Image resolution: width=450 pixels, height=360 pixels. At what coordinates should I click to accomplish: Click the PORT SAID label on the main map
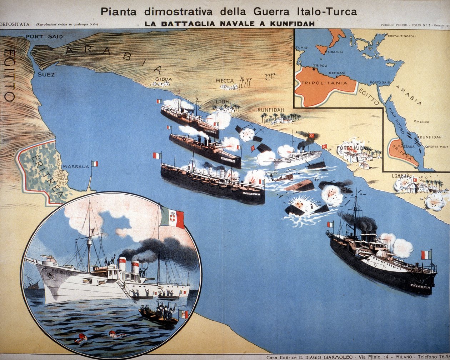(x=44, y=36)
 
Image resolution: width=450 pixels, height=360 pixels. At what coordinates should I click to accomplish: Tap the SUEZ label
(x=46, y=75)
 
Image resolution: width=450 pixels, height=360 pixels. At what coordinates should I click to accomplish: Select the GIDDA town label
(x=164, y=79)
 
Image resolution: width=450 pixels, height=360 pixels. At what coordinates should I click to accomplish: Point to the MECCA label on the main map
(x=225, y=81)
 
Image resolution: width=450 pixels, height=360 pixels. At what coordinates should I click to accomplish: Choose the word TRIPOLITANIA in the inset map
(x=324, y=83)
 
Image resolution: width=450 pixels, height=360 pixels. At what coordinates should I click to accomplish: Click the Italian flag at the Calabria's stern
(x=426, y=255)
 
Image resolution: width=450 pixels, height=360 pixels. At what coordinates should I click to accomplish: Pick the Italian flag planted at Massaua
(x=94, y=164)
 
